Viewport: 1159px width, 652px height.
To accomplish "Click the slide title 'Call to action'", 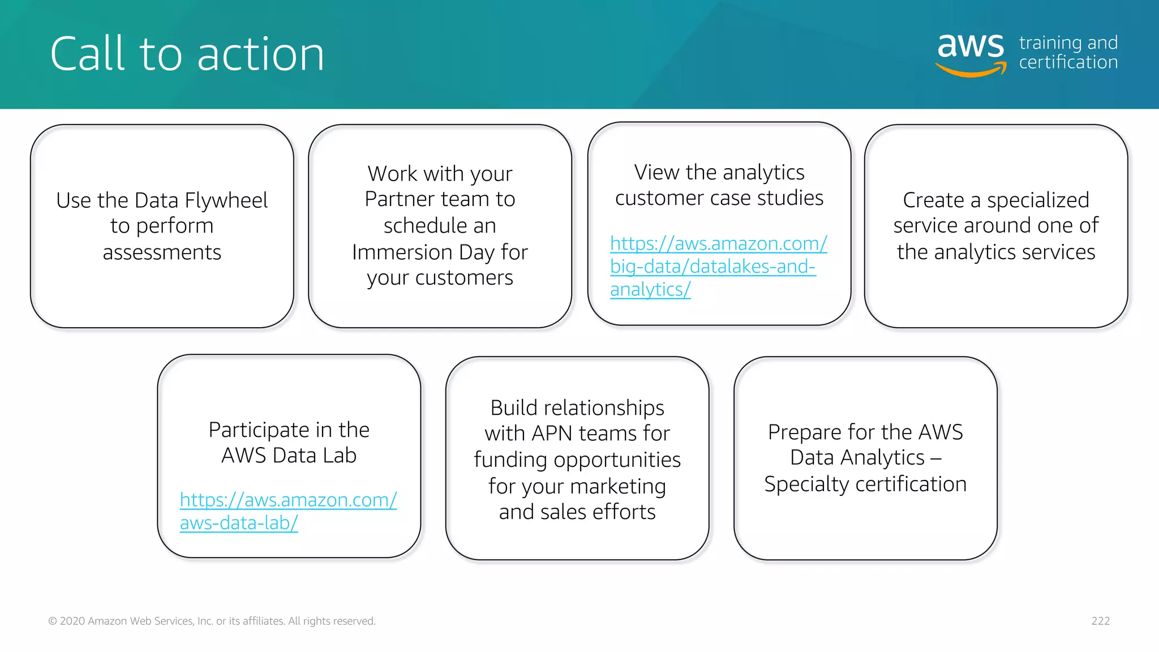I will coord(187,54).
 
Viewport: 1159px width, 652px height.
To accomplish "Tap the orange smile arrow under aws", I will coord(971,71).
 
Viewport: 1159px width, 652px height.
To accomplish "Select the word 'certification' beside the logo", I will coord(1068,62).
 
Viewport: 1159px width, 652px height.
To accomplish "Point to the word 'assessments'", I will coord(162,252).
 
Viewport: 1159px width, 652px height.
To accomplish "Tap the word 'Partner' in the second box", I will coord(399,199).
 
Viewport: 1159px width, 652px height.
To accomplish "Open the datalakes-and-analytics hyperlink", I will coord(713,266).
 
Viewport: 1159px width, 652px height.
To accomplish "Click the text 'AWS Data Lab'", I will coord(289,456).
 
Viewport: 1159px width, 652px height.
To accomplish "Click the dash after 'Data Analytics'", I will coord(935,458).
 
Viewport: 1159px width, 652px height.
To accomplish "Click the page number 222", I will coord(1100,621).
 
